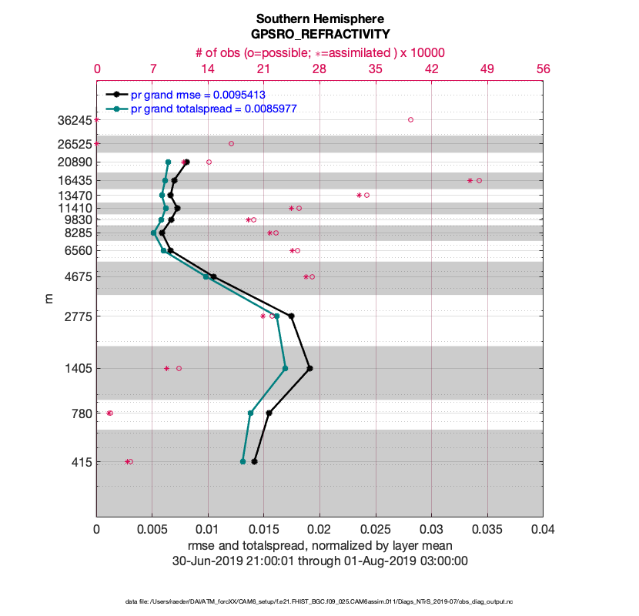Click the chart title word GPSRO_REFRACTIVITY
[319, 34]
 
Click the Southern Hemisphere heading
[319, 18]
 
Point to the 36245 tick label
[74, 120]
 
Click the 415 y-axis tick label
[80, 462]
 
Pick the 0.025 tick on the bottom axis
[376, 530]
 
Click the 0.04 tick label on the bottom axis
[543, 530]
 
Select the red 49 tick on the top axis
[487, 69]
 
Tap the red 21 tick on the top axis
[264, 69]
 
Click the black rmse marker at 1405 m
[309, 368]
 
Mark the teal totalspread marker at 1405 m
[285, 368]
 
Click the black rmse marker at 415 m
[254, 461]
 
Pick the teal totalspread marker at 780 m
[251, 413]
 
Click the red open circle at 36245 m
[410, 119]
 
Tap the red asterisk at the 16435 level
[470, 180]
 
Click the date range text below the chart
[319, 561]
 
